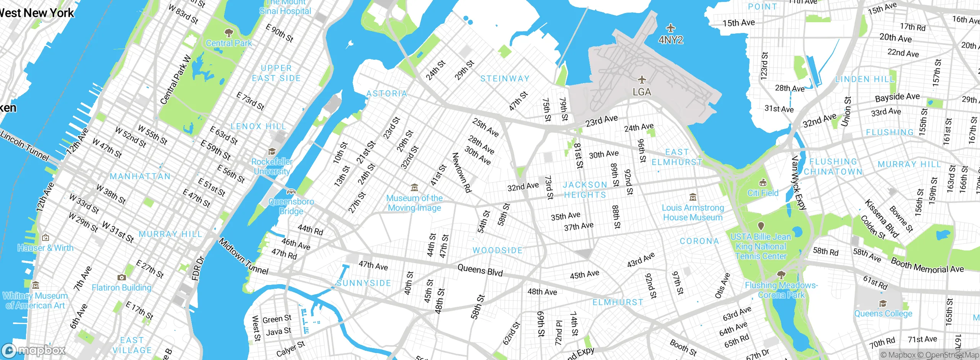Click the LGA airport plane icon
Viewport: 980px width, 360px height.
click(x=642, y=80)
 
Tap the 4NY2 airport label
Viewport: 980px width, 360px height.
click(x=671, y=40)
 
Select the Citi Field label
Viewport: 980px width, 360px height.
click(x=763, y=193)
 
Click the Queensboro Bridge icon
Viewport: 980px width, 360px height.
click(x=291, y=191)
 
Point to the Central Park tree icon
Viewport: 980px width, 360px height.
click(x=229, y=32)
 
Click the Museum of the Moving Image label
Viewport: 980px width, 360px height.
click(x=414, y=203)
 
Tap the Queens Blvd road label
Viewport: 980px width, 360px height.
click(x=480, y=270)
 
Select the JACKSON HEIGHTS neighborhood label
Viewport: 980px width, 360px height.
click(x=585, y=190)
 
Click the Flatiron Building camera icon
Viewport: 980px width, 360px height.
click(x=121, y=277)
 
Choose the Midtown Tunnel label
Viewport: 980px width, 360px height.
click(x=243, y=257)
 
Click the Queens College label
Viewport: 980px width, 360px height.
click(x=883, y=314)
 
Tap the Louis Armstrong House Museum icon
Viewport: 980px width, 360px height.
click(x=693, y=198)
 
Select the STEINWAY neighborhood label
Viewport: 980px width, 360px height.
click(x=505, y=79)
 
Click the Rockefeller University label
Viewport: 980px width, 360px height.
click(x=272, y=167)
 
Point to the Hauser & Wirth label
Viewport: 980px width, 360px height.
click(x=46, y=248)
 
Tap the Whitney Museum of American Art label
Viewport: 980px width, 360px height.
click(x=35, y=301)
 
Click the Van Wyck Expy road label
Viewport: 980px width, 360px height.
click(x=799, y=183)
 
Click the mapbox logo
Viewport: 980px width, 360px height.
click(x=34, y=350)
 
